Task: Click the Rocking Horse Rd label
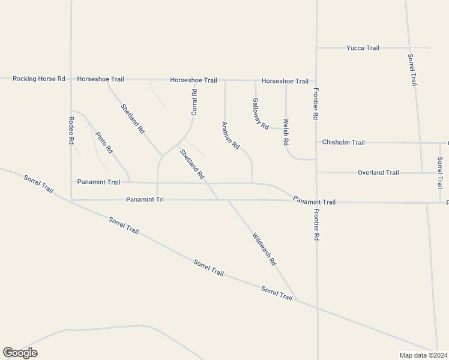38,79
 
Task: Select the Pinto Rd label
103,141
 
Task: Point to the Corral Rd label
194,102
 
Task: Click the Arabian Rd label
231,136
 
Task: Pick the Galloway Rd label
260,114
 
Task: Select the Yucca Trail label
363,47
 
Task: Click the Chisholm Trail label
343,142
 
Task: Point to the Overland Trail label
378,173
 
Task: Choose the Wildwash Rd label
264,249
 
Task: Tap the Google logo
20,353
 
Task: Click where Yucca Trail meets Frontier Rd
316,47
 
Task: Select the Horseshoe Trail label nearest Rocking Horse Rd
100,79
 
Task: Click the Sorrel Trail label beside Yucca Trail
412,70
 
